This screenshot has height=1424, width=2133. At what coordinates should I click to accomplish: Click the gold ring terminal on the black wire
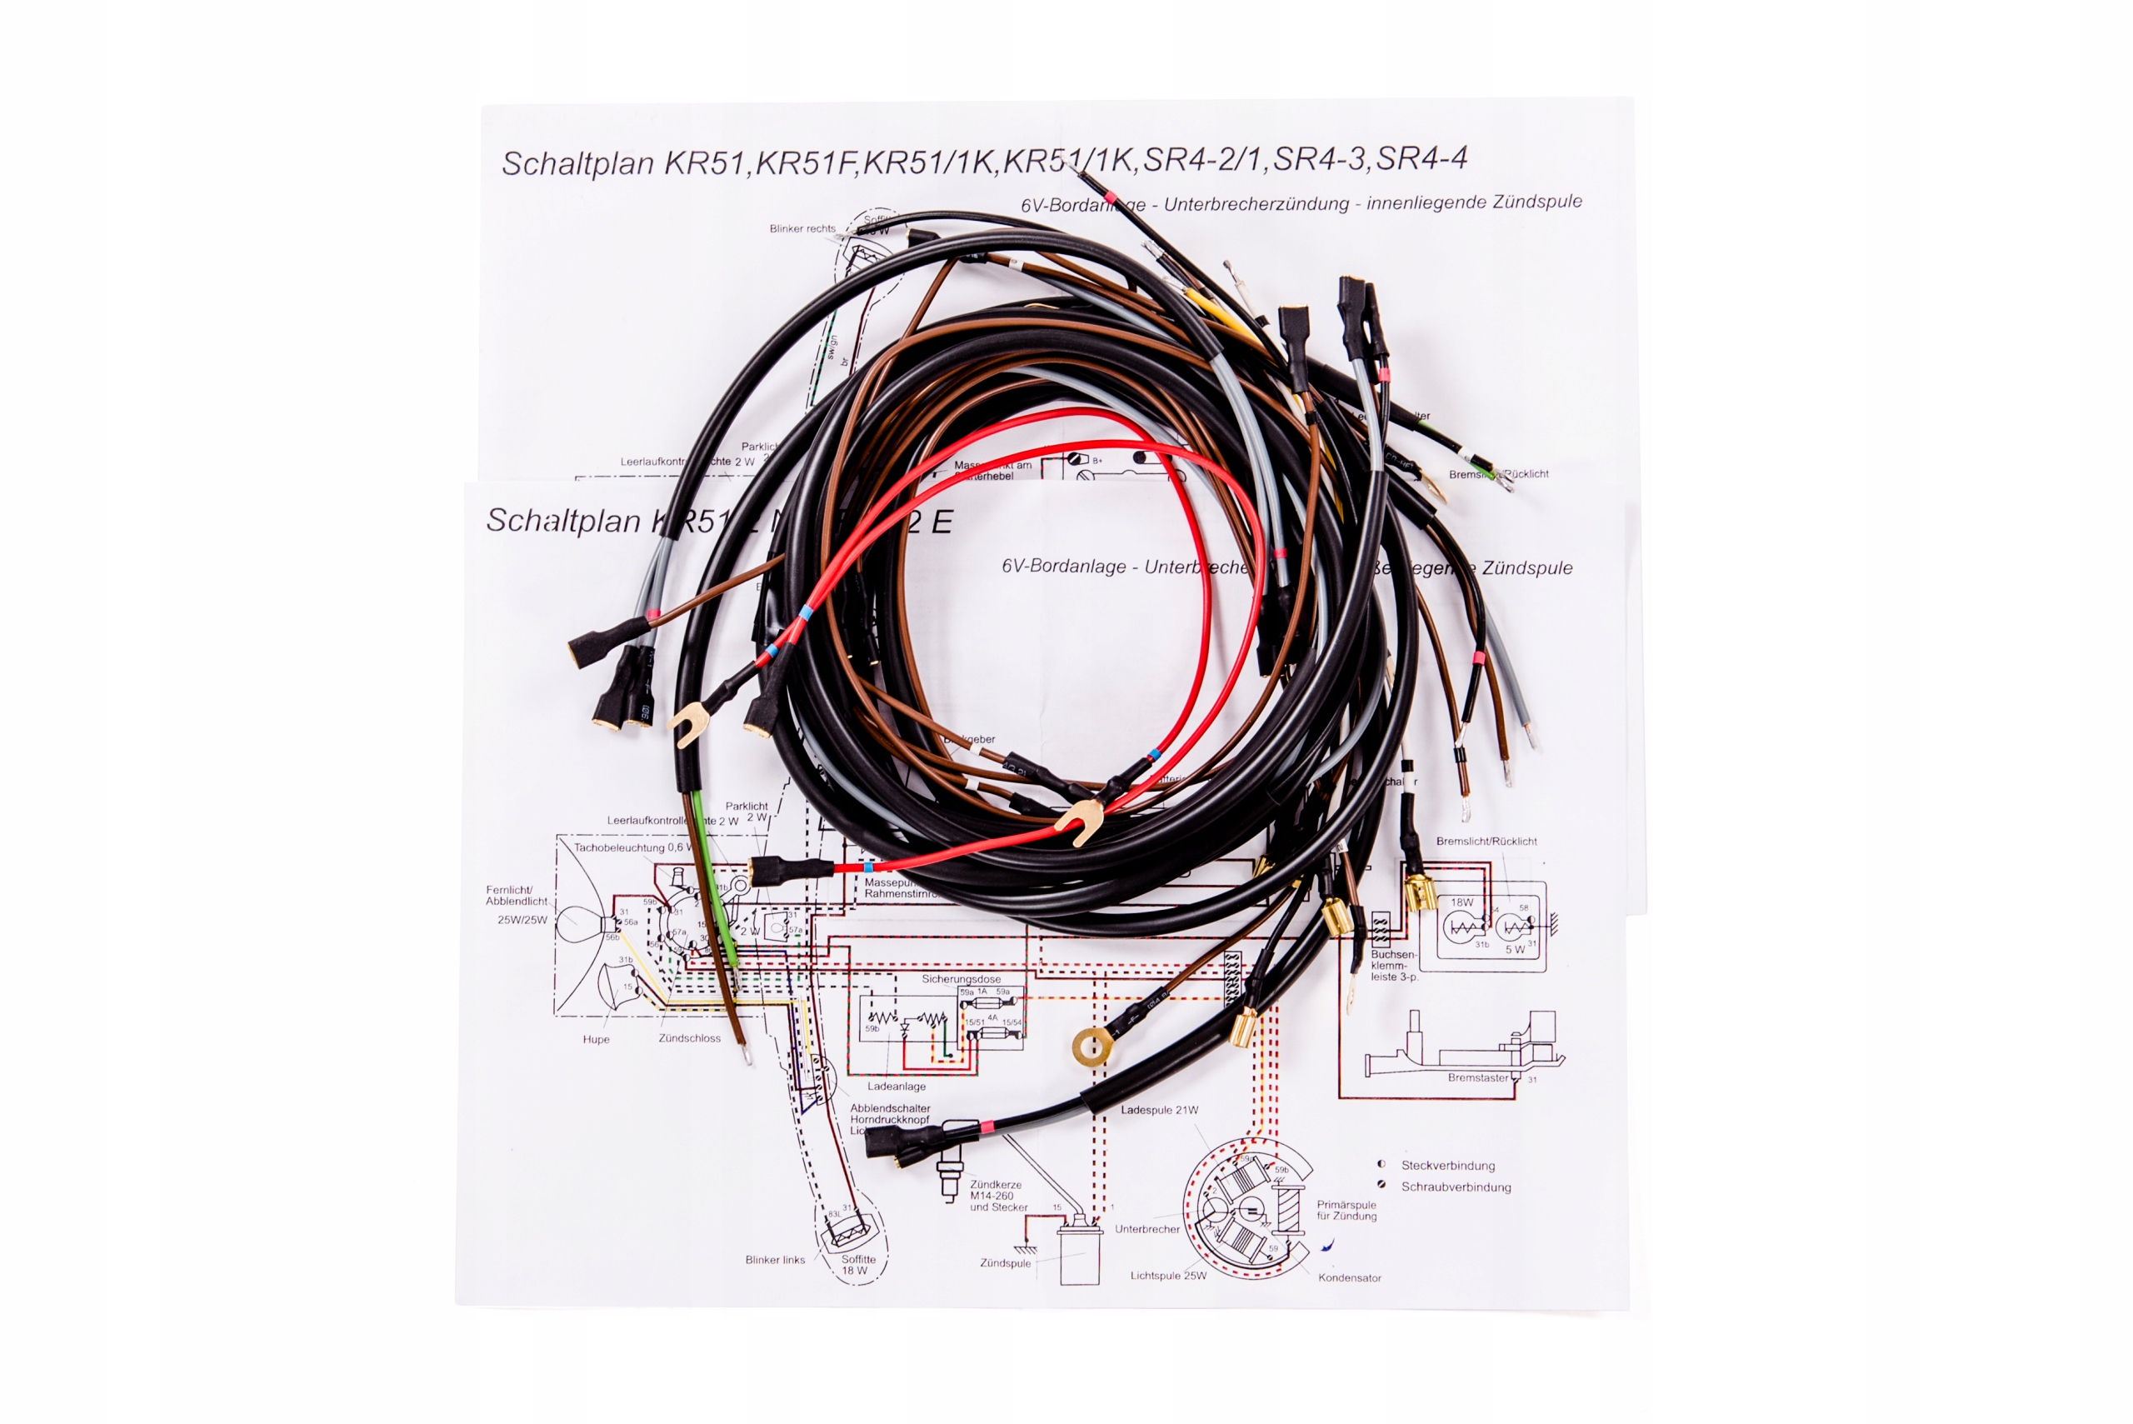point(1092,1047)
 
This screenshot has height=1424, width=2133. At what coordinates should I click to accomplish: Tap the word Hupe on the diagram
point(596,1039)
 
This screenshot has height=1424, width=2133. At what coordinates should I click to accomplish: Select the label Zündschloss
point(689,1038)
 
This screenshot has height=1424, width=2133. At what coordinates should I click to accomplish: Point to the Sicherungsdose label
point(961,979)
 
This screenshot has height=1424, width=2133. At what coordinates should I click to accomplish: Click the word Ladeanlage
point(896,1087)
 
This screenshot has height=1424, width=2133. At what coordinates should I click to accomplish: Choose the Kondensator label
point(1349,1278)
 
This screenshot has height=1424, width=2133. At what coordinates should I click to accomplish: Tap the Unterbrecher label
point(1146,1229)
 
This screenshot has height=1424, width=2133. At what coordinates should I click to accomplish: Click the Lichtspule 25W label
point(1168,1276)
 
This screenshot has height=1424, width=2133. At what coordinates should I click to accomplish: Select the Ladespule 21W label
point(1159,1110)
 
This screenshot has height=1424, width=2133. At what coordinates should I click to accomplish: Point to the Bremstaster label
point(1477,1078)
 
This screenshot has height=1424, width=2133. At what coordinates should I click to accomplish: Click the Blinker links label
point(775,1260)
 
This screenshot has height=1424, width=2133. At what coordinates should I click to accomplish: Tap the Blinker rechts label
point(802,229)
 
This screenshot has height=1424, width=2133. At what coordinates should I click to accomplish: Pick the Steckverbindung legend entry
point(1447,1165)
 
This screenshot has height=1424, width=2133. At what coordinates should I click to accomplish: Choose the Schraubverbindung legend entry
point(1456,1187)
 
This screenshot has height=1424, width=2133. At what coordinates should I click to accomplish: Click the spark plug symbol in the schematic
point(950,1180)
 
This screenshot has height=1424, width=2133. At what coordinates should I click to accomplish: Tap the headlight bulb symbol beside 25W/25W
point(579,925)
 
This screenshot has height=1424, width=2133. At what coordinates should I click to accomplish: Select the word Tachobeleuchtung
point(618,847)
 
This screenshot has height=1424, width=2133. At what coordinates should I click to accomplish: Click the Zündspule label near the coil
point(1005,1263)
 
